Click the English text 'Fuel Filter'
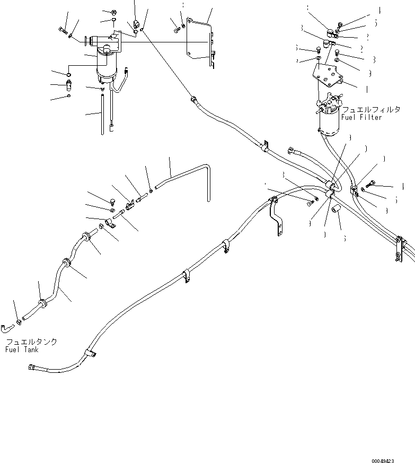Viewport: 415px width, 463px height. pos(361,117)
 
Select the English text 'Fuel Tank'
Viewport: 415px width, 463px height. pos(22,350)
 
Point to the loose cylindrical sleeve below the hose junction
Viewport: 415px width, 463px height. pos(335,212)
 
